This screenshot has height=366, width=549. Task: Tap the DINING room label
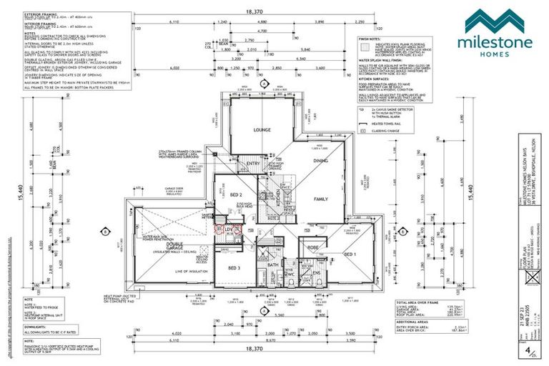pos(320,161)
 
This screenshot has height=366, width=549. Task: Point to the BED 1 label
pos(348,254)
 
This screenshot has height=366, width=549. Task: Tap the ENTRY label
pos(253,164)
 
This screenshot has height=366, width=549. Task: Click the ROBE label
pos(312,247)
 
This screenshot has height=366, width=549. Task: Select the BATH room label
pos(272,265)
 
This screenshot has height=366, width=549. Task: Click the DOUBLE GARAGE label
pos(174,247)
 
